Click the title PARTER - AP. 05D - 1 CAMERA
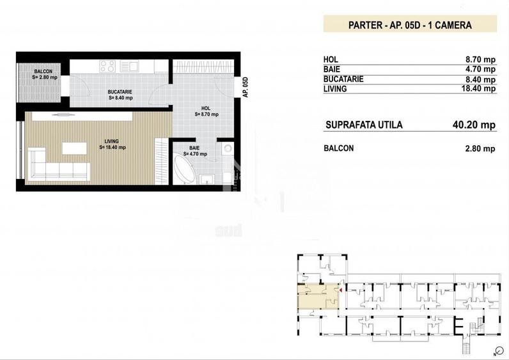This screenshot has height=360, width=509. coord(410,25)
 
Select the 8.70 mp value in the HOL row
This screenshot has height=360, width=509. coord(480,59)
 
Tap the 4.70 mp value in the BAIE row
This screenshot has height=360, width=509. coord(480,69)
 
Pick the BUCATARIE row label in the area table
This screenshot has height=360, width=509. coord(343,79)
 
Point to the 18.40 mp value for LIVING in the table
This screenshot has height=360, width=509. coord(478,88)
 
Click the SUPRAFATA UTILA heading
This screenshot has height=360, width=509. coord(364,125)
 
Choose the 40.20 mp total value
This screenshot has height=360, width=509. coord(474,125)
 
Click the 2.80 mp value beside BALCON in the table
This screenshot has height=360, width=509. coord(480,149)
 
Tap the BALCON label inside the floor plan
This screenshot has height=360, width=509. coord(43,72)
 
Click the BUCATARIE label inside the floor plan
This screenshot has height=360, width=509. coord(120,92)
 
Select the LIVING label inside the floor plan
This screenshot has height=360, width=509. coord(111,141)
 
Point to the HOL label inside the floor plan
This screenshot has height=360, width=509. coord(206,108)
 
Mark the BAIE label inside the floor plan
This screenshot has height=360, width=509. coord(194,148)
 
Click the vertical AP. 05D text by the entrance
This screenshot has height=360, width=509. coord(246,87)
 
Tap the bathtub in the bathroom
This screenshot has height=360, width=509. coord(184,170)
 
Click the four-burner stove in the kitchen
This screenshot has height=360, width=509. coord(107,67)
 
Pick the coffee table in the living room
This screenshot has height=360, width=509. coord(74,148)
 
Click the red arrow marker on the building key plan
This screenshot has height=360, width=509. coord(341,290)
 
